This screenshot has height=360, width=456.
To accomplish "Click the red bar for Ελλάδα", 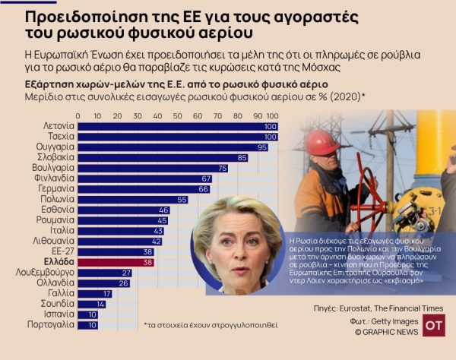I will tap(114, 262).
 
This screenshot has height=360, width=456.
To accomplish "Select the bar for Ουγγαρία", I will tap(172, 147).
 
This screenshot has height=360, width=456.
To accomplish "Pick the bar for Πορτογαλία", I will tap(87, 325).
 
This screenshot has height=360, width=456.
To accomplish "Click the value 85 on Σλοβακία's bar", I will tap(242, 157).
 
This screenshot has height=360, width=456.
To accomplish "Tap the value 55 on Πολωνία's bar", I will tap(182, 199).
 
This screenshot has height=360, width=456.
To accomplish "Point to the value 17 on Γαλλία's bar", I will tap(106, 293).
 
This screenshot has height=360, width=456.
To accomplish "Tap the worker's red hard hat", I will tap(324, 141).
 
